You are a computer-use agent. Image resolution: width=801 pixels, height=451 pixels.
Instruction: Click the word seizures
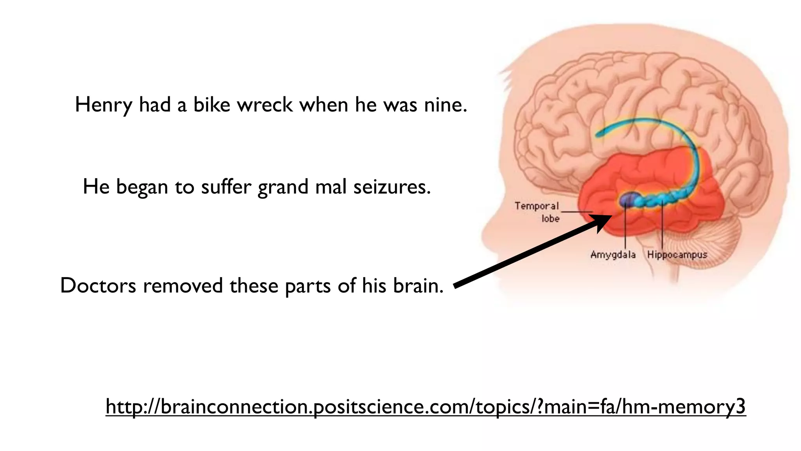[392, 187]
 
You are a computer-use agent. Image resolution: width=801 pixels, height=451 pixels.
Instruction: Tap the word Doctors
[98, 285]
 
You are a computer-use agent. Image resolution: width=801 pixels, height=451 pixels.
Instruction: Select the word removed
[183, 285]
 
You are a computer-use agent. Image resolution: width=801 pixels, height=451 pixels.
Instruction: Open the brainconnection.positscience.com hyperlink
[426, 407]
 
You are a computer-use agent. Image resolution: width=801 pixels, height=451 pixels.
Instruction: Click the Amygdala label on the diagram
[613, 255]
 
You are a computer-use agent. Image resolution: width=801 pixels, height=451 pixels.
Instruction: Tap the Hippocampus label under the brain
[677, 255]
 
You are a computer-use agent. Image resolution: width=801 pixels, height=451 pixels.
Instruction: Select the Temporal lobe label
[537, 212]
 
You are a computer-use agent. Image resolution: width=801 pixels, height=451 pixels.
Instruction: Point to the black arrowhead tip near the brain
[611, 216]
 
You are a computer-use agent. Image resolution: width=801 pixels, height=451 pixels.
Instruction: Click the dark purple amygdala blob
[627, 200]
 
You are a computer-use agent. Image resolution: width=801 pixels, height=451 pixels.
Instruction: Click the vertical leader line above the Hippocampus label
[662, 227]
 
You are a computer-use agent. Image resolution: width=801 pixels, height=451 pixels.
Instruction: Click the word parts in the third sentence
[308, 286]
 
